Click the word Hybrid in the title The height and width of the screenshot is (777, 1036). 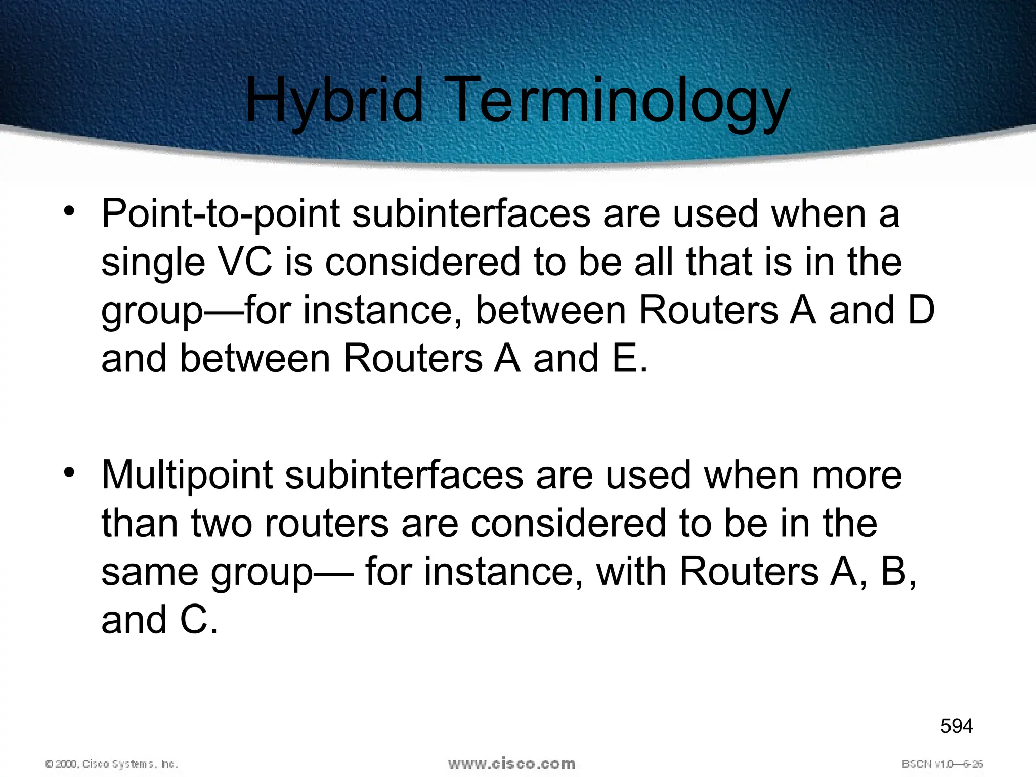click(334, 101)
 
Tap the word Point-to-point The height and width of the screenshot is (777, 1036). click(220, 214)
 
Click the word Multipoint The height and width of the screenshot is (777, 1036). click(187, 476)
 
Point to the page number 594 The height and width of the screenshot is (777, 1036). click(957, 726)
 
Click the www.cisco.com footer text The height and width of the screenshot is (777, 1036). click(511, 763)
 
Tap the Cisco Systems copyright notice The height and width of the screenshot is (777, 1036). click(111, 764)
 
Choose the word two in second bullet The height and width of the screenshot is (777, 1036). click(222, 524)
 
